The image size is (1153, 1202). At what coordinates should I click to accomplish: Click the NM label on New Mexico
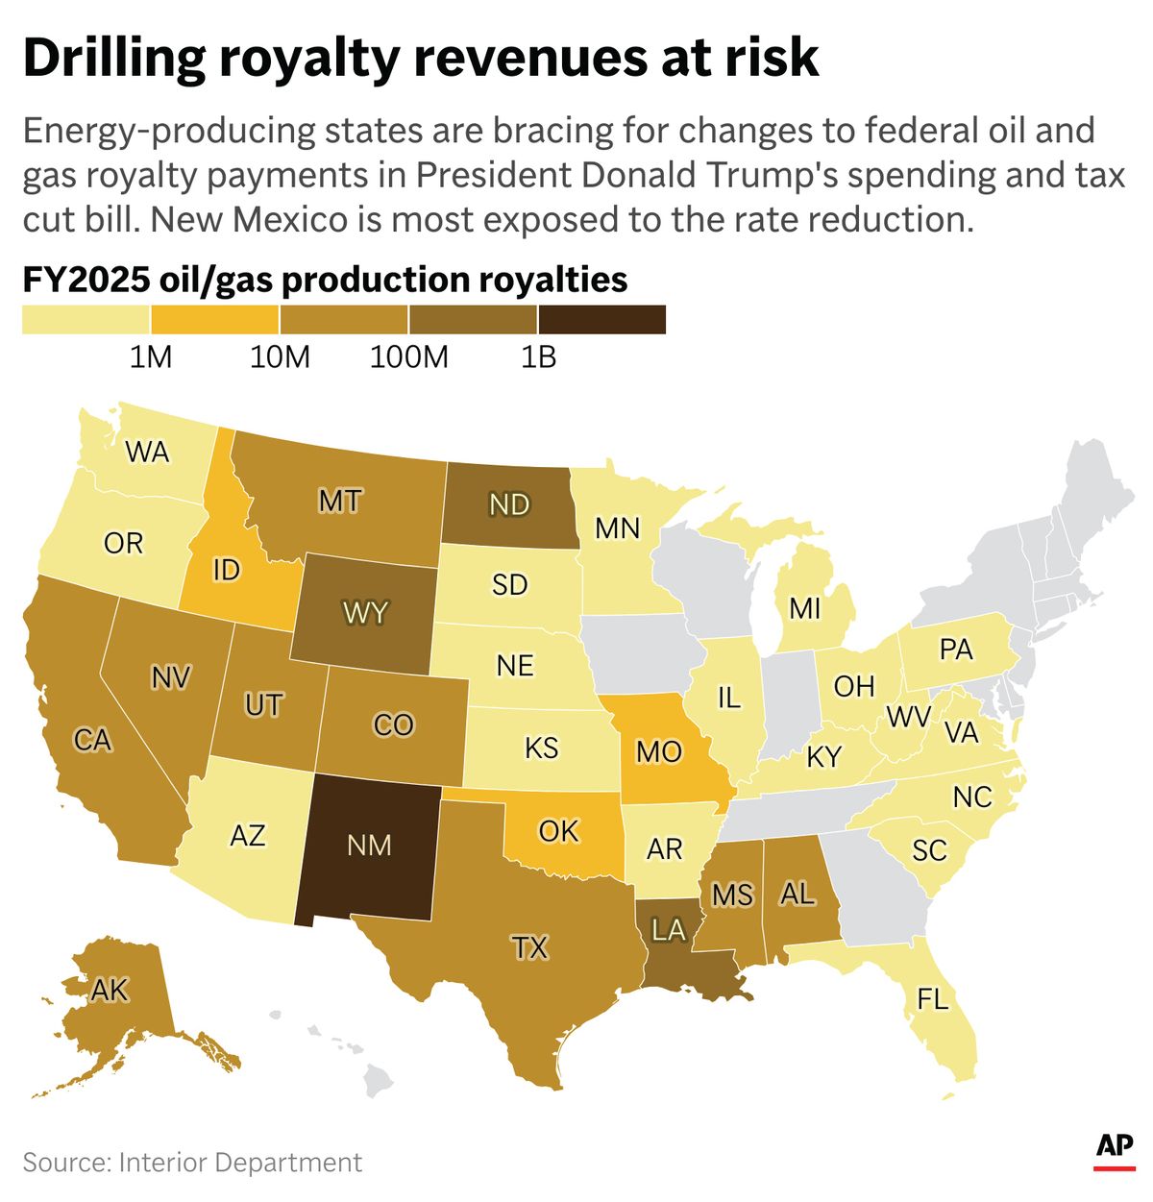pyautogui.click(x=369, y=845)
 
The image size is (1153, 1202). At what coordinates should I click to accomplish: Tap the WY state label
pyautogui.click(x=365, y=612)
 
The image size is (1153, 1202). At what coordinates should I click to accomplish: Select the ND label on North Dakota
pyautogui.click(x=509, y=504)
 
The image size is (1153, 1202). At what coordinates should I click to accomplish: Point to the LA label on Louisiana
pyautogui.click(x=668, y=930)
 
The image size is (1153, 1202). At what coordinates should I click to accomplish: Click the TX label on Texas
pyautogui.click(x=529, y=948)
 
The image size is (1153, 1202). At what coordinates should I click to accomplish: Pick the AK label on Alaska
pyautogui.click(x=110, y=990)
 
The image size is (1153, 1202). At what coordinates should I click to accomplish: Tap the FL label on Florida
pyautogui.click(x=932, y=999)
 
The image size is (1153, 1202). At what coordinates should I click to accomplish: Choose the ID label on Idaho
pyautogui.click(x=226, y=570)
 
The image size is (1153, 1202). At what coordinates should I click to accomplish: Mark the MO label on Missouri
pyautogui.click(x=659, y=751)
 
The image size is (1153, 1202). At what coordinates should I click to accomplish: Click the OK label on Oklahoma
pyautogui.click(x=558, y=830)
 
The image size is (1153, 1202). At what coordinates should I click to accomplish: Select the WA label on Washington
pyautogui.click(x=147, y=452)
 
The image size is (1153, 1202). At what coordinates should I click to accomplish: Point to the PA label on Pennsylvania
pyautogui.click(x=956, y=650)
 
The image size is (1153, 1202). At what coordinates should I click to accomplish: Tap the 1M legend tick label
pyautogui.click(x=150, y=357)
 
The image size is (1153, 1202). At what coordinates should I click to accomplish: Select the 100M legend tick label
pyautogui.click(x=409, y=357)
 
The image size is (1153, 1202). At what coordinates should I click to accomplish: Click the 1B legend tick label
pyautogui.click(x=538, y=357)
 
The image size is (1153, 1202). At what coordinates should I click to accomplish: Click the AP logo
pyautogui.click(x=1115, y=1146)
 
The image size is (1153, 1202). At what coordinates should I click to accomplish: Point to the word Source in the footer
pyautogui.click(x=63, y=1163)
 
